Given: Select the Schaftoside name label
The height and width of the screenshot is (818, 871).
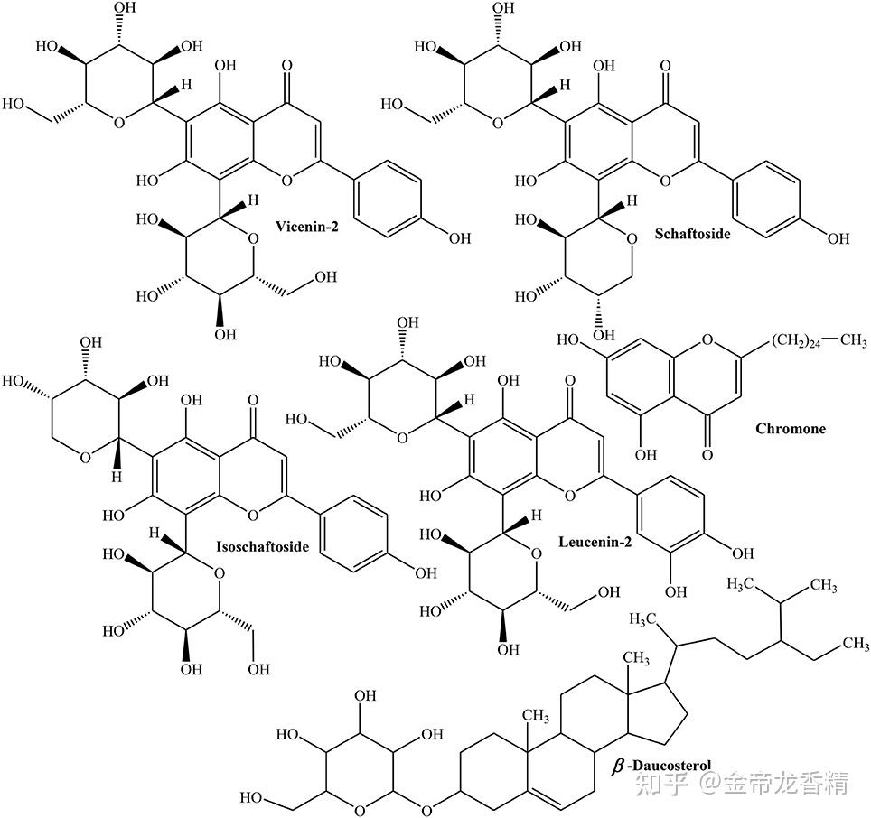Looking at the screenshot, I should [691, 233].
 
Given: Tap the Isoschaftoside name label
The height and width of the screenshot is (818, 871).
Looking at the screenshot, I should [263, 546].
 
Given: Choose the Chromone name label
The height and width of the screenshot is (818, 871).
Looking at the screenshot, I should [791, 428].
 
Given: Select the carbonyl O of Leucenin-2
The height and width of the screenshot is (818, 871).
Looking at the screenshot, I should [569, 371].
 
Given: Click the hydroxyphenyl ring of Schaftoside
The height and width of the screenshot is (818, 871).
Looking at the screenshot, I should [766, 199].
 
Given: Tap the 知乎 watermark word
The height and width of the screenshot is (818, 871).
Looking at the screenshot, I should [667, 781].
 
